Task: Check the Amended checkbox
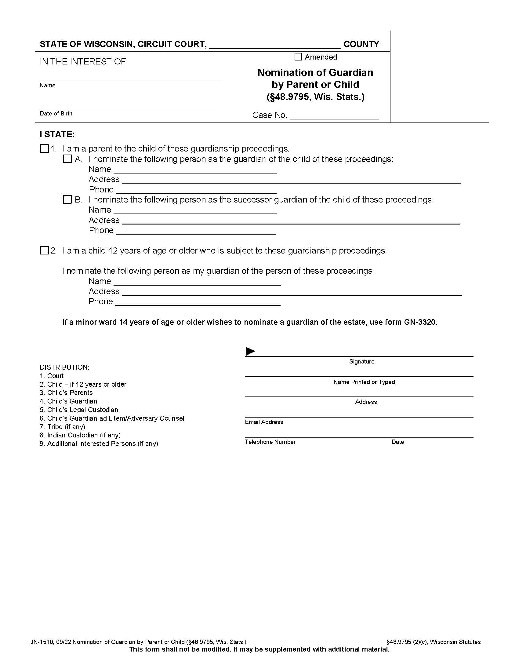298,57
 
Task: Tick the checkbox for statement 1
45,149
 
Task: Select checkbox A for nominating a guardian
67,159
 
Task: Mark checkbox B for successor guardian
67,200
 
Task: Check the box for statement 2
45,250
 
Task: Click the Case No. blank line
334,116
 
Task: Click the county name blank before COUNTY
275,45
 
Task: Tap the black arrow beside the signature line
250,351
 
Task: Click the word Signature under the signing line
361,362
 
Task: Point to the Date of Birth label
56,114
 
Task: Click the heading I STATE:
57,134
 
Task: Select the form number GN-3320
420,322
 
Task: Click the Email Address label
264,422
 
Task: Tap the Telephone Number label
270,442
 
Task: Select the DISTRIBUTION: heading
64,367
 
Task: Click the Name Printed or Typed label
364,382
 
